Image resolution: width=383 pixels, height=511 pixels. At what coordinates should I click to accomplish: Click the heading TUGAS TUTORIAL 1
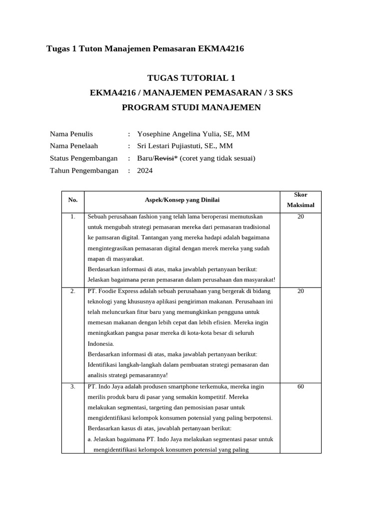click(x=191, y=78)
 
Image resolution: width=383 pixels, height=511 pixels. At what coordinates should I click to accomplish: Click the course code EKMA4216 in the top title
click(x=221, y=49)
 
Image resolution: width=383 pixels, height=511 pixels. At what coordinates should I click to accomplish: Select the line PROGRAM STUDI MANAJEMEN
click(x=191, y=108)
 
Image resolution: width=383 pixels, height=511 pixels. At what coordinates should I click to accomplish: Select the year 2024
click(x=145, y=171)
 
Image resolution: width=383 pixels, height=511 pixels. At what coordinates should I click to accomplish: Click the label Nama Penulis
click(x=71, y=134)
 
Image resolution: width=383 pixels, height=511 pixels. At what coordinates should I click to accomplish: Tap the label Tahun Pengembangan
click(x=84, y=171)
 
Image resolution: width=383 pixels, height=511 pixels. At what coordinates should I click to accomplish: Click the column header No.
click(x=73, y=200)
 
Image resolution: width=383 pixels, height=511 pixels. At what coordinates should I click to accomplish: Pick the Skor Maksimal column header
click(x=300, y=200)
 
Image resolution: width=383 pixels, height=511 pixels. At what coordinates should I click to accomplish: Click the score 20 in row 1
click(x=300, y=217)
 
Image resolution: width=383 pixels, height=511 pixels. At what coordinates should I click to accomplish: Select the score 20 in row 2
click(x=300, y=291)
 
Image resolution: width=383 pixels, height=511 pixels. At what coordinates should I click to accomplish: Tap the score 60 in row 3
click(x=300, y=387)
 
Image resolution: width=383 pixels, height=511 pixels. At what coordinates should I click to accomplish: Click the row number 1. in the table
click(x=73, y=217)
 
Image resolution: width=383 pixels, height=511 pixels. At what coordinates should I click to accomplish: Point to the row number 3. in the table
click(x=73, y=387)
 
